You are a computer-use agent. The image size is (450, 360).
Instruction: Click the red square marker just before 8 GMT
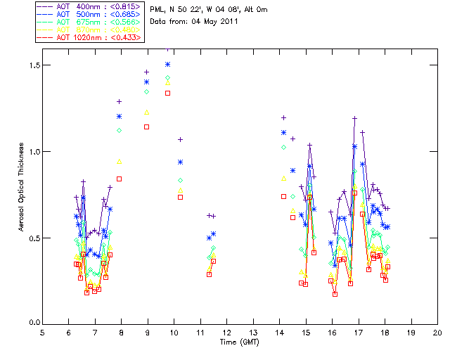[119, 179]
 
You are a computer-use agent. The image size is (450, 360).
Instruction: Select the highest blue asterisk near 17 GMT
[355, 146]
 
